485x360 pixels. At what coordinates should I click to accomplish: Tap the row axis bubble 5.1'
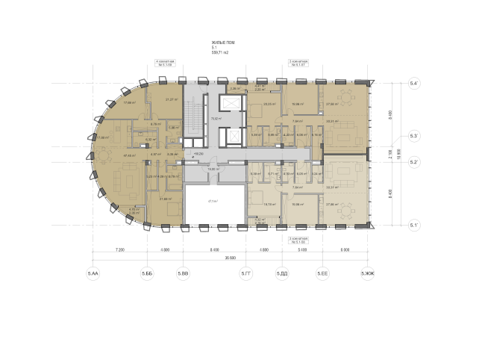(415, 224)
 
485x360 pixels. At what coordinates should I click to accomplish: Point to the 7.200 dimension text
(119, 249)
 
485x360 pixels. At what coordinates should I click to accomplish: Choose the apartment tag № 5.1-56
(298, 241)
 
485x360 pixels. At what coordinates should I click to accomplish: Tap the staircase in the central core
(193, 120)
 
